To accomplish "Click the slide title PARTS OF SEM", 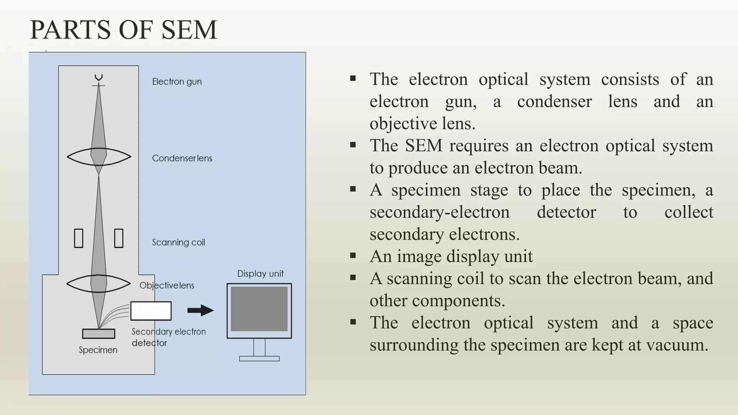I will (x=124, y=30).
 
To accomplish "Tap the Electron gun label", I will (x=177, y=82).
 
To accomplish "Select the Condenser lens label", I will (x=182, y=158).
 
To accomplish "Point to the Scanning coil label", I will (x=178, y=242).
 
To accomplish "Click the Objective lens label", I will (x=167, y=286).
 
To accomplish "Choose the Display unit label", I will (x=260, y=274).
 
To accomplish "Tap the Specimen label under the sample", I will (x=98, y=350).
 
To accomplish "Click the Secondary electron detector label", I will (x=168, y=337).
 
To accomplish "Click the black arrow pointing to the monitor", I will (x=200, y=310).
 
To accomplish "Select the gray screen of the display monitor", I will (x=259, y=309).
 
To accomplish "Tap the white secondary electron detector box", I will (x=151, y=311).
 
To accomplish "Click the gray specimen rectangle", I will (x=98, y=334).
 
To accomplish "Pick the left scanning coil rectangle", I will (x=79, y=238).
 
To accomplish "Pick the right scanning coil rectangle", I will (x=119, y=238).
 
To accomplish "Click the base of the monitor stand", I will (x=259, y=358).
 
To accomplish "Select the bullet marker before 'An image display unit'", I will (x=353, y=256).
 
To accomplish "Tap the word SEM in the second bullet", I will (x=423, y=146).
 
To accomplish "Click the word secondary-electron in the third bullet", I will (x=439, y=212).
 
